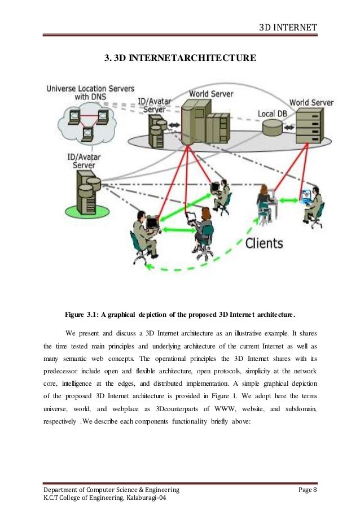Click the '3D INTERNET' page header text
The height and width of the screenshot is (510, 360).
(x=288, y=27)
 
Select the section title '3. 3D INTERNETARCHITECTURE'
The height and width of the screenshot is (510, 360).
(x=180, y=58)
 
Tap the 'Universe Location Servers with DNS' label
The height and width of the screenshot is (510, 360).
(x=90, y=93)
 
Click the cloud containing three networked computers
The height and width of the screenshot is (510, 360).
(x=87, y=123)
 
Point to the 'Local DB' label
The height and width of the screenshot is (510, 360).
(x=273, y=114)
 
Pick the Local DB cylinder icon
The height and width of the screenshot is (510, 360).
(x=273, y=127)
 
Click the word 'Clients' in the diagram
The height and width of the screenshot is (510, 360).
(x=264, y=243)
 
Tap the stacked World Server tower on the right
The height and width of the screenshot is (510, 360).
(x=309, y=126)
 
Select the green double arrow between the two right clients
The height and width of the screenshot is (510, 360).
(x=288, y=200)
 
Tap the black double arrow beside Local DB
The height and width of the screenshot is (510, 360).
(x=289, y=128)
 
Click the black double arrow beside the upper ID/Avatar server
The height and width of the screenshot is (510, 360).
(x=174, y=125)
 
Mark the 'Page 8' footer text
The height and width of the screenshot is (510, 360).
(x=308, y=490)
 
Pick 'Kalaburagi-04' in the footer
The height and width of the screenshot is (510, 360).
(x=146, y=498)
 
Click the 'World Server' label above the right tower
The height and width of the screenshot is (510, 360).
(x=311, y=102)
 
